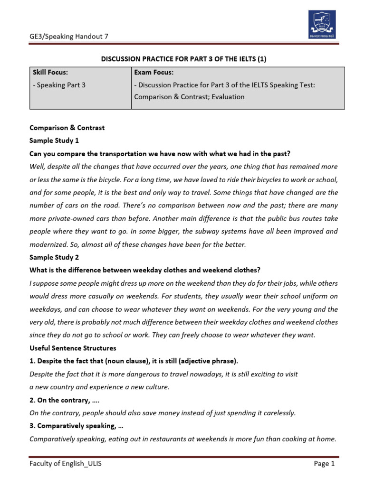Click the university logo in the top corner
[x=321, y=23]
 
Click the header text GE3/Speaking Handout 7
[x=66, y=37]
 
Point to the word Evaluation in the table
[x=226, y=97]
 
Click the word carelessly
[x=276, y=413]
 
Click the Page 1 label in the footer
[x=325, y=464]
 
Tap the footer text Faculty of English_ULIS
[x=66, y=464]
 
